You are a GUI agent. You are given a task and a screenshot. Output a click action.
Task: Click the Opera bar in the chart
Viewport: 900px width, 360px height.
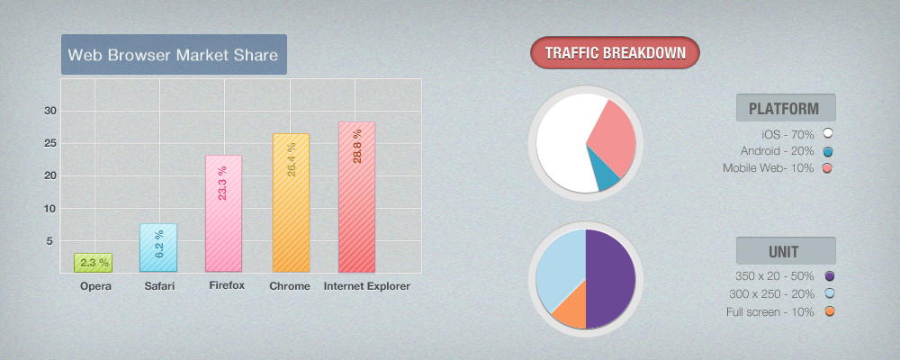point(93,263)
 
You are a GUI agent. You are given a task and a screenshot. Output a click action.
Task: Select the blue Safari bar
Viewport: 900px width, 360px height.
point(158,247)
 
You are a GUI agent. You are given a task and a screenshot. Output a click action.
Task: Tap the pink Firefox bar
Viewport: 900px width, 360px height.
point(224,213)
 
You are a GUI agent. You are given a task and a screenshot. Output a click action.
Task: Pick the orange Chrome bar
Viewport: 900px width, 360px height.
point(291,202)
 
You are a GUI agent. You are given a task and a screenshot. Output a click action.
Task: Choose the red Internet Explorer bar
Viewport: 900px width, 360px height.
point(356,196)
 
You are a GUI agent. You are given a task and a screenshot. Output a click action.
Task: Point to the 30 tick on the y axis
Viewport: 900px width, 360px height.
point(50,111)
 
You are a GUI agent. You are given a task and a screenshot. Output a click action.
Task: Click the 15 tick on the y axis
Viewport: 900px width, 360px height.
point(50,175)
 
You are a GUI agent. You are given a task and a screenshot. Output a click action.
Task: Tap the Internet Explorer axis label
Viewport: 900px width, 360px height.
point(366,286)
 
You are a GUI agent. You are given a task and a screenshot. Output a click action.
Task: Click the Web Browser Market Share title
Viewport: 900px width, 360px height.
point(174,54)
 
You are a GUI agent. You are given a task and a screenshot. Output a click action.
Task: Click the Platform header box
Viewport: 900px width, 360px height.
point(786,108)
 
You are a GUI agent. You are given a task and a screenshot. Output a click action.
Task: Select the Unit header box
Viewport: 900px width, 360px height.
point(786,251)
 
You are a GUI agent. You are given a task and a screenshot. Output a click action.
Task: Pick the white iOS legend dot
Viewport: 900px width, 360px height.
point(827,133)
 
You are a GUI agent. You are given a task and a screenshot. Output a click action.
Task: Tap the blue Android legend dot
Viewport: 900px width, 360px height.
point(827,150)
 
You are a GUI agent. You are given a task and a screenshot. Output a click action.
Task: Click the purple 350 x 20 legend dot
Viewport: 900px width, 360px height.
point(829,276)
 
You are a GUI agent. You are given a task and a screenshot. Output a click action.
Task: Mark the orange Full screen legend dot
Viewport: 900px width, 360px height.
point(829,311)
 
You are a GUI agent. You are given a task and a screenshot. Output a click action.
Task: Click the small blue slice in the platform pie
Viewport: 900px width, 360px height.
point(606,176)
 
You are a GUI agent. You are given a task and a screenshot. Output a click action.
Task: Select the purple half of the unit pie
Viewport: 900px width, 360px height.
point(611,279)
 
